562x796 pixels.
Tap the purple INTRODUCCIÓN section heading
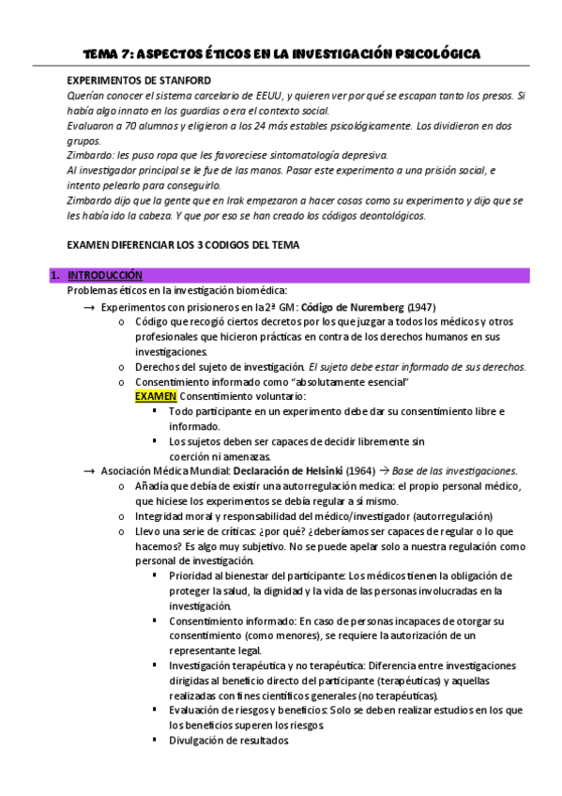tap(104, 275)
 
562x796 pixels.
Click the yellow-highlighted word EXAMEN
tap(155, 397)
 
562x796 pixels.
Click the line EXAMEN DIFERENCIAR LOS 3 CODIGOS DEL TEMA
tap(183, 246)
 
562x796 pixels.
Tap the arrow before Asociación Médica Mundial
tap(89, 470)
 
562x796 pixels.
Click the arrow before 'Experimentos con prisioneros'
tap(89, 306)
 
